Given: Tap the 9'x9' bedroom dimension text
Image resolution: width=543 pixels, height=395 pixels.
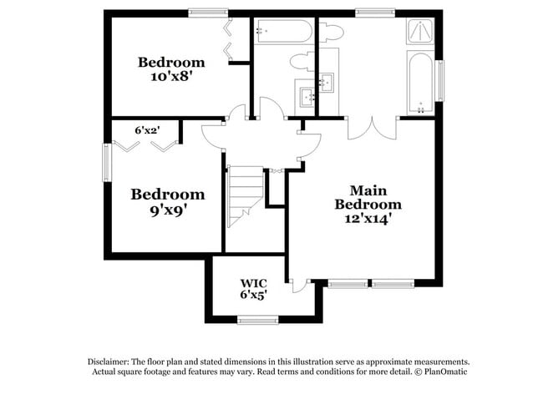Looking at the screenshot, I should [x=167, y=210].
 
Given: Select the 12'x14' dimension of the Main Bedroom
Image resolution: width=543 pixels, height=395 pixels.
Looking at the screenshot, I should [x=368, y=219].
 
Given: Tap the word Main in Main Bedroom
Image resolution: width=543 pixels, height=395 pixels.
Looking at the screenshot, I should [x=368, y=190].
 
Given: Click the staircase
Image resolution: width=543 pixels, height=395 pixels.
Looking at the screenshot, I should [x=244, y=195].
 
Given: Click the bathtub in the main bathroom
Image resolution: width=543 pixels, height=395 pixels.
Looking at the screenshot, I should [x=419, y=82].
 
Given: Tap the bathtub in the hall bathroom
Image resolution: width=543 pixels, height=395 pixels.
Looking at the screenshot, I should [x=283, y=32].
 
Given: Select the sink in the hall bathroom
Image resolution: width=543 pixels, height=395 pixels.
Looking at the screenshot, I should [x=306, y=94].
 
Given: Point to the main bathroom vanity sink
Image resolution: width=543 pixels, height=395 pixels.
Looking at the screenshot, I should [x=327, y=82].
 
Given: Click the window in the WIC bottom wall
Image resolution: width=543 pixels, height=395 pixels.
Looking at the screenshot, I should [x=257, y=320].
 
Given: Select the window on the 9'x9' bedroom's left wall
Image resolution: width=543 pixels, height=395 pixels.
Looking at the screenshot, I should [x=106, y=162].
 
